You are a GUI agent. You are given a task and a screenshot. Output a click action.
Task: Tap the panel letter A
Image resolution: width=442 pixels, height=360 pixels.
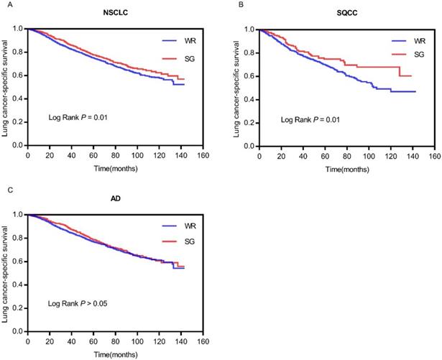(x=6, y=4)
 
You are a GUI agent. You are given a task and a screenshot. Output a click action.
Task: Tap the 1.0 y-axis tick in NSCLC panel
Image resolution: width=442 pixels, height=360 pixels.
(x=18, y=29)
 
